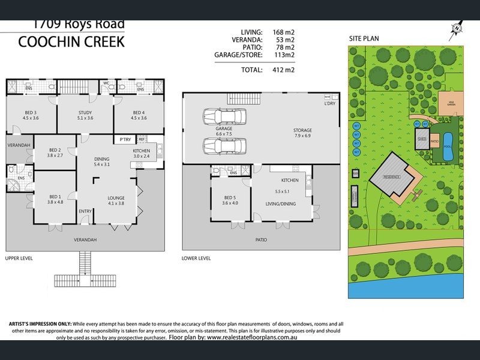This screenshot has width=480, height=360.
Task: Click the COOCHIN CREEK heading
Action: click(71, 42)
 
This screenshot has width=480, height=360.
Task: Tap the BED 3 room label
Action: click(31, 113)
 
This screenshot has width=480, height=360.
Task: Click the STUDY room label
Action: click(85, 113)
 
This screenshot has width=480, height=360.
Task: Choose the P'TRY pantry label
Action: click(125, 139)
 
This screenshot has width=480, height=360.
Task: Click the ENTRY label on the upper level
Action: click(85, 211)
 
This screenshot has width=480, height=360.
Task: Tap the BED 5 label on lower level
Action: click(230, 197)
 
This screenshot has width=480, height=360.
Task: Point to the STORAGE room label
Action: click(302, 130)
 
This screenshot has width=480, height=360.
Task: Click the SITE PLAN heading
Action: click(364, 38)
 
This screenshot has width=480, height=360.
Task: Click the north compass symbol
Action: click(458, 27)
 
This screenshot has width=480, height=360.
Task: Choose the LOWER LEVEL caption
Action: click(196, 258)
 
